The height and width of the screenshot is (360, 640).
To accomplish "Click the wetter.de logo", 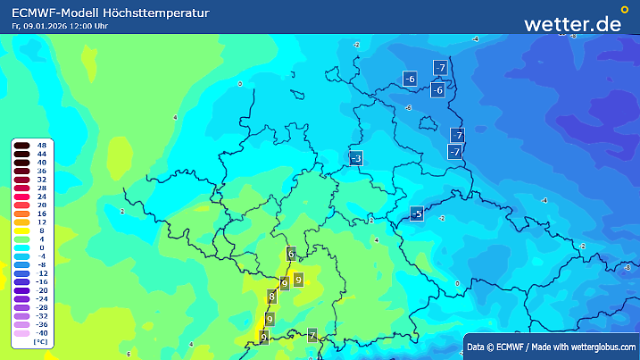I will point(572,24).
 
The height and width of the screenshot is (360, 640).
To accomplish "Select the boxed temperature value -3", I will point(355,159).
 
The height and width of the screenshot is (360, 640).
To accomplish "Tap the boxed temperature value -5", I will point(416,213).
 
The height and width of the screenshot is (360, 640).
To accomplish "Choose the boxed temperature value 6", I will point(291,254).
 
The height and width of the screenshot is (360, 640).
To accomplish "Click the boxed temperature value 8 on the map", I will point(272,297).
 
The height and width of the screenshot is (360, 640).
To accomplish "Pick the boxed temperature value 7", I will point(312,336).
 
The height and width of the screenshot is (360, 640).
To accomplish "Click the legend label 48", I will point(41,145).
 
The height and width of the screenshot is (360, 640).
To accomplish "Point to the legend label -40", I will point(41,332).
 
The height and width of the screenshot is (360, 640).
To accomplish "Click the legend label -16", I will point(41,280).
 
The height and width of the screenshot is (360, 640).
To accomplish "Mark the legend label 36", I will point(41,171).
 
